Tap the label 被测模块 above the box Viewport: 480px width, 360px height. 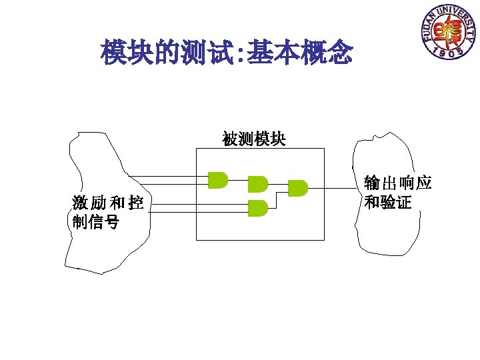tap(254, 139)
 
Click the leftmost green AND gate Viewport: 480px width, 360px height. tap(217, 179)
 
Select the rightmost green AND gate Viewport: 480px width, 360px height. tap(297, 188)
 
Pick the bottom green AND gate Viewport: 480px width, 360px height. tap(257, 208)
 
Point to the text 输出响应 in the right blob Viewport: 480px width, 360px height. tap(398, 183)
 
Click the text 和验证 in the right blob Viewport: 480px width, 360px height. tap(389, 201)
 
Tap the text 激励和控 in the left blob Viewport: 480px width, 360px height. tap(108, 203)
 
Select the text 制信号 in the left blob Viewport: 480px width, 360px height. tap(96, 221)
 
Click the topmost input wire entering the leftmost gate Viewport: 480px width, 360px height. tap(167, 176)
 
